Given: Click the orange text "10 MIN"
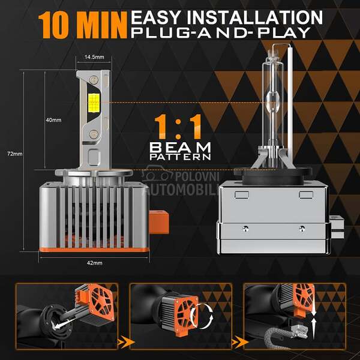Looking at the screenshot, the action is (83, 25).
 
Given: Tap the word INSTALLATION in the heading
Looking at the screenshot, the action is (255, 17).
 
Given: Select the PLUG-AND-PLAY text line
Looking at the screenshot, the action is (221, 32).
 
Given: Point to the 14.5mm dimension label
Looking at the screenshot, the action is (94, 57).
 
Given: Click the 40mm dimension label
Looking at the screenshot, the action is (53, 120).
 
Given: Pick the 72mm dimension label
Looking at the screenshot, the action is (14, 154).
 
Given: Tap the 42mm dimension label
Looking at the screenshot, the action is (95, 263).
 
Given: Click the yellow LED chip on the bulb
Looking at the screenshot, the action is (94, 103).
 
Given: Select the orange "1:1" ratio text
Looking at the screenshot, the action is (178, 127).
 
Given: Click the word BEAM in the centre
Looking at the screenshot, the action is (180, 147).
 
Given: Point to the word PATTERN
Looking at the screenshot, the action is (180, 157).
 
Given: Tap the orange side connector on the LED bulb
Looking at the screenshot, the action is (158, 223).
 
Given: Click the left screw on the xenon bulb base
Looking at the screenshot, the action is (245, 228).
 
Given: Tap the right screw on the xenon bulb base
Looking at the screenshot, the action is (302, 228).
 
